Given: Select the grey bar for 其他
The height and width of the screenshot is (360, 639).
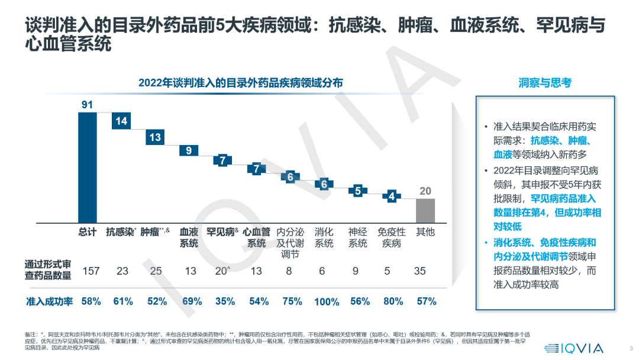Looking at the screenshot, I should point(425,210).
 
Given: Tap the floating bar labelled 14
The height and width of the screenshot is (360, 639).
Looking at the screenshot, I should point(121,121).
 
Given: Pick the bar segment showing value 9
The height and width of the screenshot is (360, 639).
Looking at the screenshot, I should point(189,150).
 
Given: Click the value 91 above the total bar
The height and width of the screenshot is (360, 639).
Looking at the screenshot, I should point(88,105).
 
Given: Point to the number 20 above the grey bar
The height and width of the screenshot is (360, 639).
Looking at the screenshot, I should point(425,191).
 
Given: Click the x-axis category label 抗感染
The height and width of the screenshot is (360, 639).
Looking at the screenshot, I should point(121,232).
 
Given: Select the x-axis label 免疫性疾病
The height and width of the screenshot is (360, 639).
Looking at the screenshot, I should point(391,237).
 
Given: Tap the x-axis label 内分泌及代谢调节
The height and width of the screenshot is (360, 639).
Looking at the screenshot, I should point(290,243).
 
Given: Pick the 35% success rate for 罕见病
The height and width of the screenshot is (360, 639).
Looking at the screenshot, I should point(222,301).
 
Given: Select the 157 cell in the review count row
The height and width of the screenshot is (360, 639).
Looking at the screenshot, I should point(91,271).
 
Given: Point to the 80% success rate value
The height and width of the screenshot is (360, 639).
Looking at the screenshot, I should point(391,301).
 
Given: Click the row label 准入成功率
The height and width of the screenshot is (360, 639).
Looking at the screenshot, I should point(49,301).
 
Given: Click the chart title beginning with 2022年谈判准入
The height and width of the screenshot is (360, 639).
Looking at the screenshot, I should point(240,83).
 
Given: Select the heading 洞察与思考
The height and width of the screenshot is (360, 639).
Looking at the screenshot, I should point(545,83).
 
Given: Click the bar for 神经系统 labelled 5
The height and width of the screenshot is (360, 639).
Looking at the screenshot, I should point(357,191).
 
